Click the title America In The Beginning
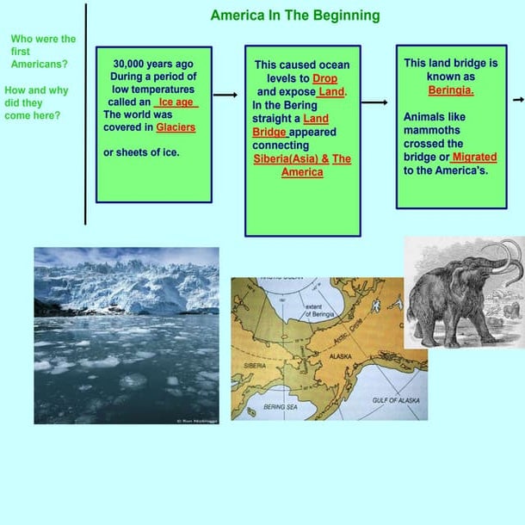coord(294,15)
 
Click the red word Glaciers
coord(176,127)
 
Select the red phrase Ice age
coord(176,102)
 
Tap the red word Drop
coord(324,78)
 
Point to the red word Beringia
coord(451,90)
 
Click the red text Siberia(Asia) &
coord(291,159)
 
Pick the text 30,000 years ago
coord(153,64)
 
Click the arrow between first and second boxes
coord(225,96)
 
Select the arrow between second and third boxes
coord(374,102)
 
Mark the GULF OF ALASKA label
coord(397,400)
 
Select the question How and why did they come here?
coord(36,102)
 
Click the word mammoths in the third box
coord(434,131)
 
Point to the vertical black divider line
coord(85,112)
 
